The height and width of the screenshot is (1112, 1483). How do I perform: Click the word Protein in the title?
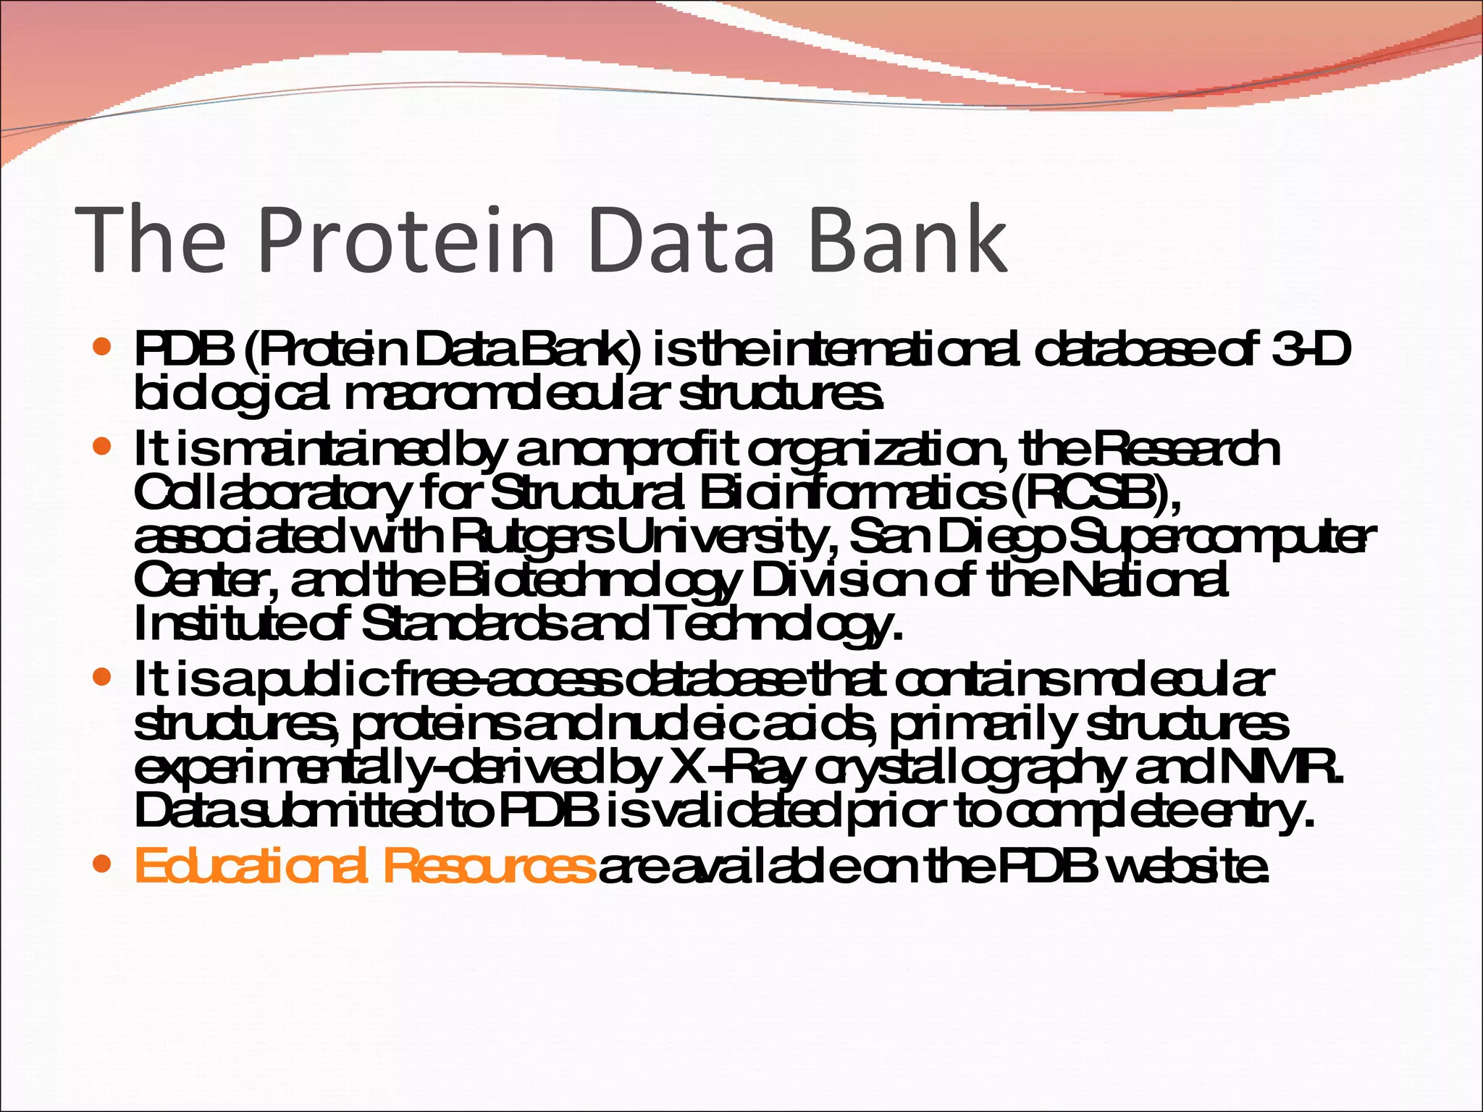(404, 239)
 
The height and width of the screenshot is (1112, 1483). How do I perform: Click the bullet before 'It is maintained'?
(102, 446)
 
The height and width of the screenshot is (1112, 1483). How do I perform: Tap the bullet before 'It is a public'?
(102, 678)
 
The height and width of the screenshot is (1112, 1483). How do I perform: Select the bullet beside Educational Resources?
(102, 864)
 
